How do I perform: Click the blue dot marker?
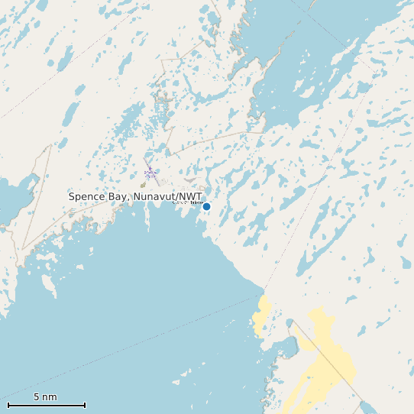tap(206, 206)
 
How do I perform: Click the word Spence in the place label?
tap(86, 196)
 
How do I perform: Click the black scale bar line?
tap(46, 405)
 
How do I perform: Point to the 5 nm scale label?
tap(45, 396)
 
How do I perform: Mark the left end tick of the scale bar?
tap(8, 405)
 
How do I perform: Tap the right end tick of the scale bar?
tap(85, 405)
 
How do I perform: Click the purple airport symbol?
tap(150, 174)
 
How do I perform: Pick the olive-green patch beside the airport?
tap(143, 184)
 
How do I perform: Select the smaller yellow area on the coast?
tap(264, 314)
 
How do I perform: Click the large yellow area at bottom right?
tap(325, 359)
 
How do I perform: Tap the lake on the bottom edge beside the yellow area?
tap(368, 407)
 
